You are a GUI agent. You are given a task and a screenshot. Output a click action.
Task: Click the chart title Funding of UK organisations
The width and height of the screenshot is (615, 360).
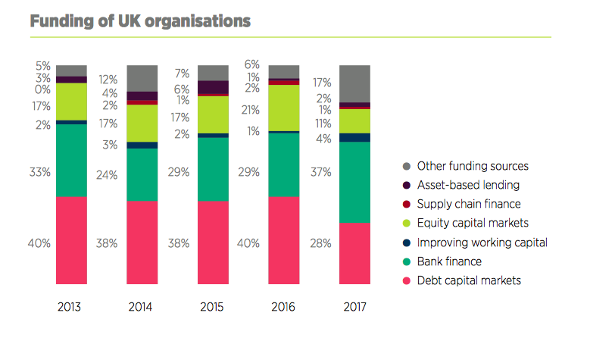click(140, 21)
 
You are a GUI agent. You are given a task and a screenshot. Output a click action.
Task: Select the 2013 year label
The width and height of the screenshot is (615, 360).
click(70, 308)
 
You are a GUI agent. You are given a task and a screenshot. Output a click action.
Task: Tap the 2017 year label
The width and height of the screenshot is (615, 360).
click(354, 308)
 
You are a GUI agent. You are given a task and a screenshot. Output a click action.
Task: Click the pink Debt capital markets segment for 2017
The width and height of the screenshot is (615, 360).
click(354, 253)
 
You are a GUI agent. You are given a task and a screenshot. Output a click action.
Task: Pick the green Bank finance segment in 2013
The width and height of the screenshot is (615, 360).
click(71, 160)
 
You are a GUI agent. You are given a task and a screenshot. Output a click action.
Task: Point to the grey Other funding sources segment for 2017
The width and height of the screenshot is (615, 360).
click(354, 83)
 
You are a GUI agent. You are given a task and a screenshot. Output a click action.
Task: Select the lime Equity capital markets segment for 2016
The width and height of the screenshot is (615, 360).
click(284, 108)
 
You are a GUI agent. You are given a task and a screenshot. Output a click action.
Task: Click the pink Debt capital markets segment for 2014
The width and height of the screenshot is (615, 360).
click(142, 243)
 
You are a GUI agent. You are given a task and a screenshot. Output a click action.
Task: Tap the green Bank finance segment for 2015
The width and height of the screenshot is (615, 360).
click(213, 169)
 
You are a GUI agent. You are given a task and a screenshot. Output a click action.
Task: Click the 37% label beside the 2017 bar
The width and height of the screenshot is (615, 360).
click(321, 173)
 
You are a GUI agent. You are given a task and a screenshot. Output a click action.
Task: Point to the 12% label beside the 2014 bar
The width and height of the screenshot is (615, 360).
click(108, 80)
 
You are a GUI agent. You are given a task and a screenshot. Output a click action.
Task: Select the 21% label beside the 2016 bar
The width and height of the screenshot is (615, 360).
click(250, 110)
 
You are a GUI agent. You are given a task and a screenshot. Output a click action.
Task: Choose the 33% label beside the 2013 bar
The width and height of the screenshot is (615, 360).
click(39, 173)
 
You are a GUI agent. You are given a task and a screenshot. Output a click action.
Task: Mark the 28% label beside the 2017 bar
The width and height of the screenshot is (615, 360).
click(321, 243)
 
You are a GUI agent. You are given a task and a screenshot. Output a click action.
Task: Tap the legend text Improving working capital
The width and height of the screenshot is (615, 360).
click(482, 243)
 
